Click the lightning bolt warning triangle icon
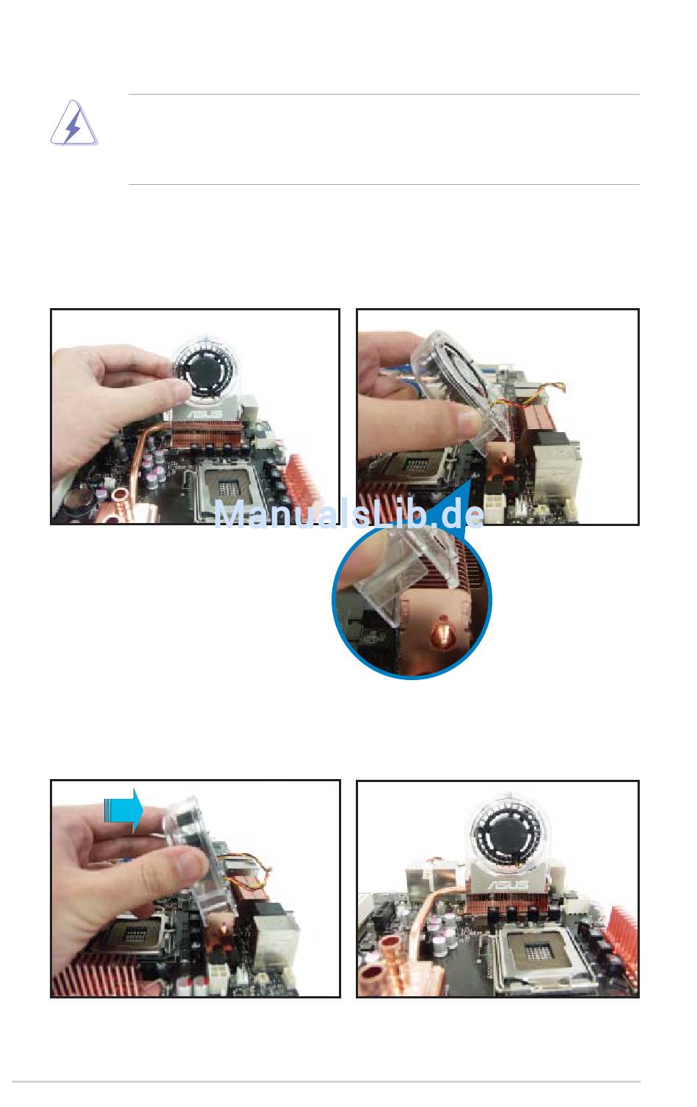(73, 123)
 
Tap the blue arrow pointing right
(123, 811)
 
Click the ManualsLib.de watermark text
(349, 514)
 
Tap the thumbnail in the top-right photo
(467, 422)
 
